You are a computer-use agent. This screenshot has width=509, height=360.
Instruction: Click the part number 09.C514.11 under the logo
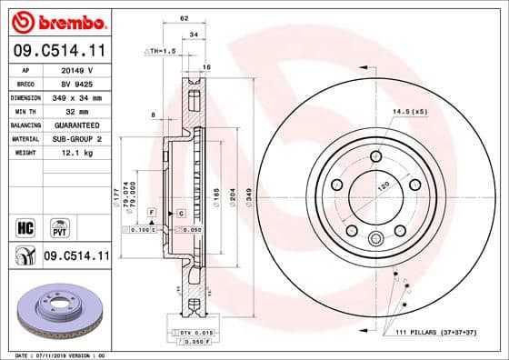point(56,51)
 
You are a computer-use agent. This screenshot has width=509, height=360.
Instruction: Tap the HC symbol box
point(25,225)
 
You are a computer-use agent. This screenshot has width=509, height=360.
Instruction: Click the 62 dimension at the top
point(185,17)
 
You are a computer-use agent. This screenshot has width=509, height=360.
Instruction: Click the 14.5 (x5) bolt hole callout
point(411,111)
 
